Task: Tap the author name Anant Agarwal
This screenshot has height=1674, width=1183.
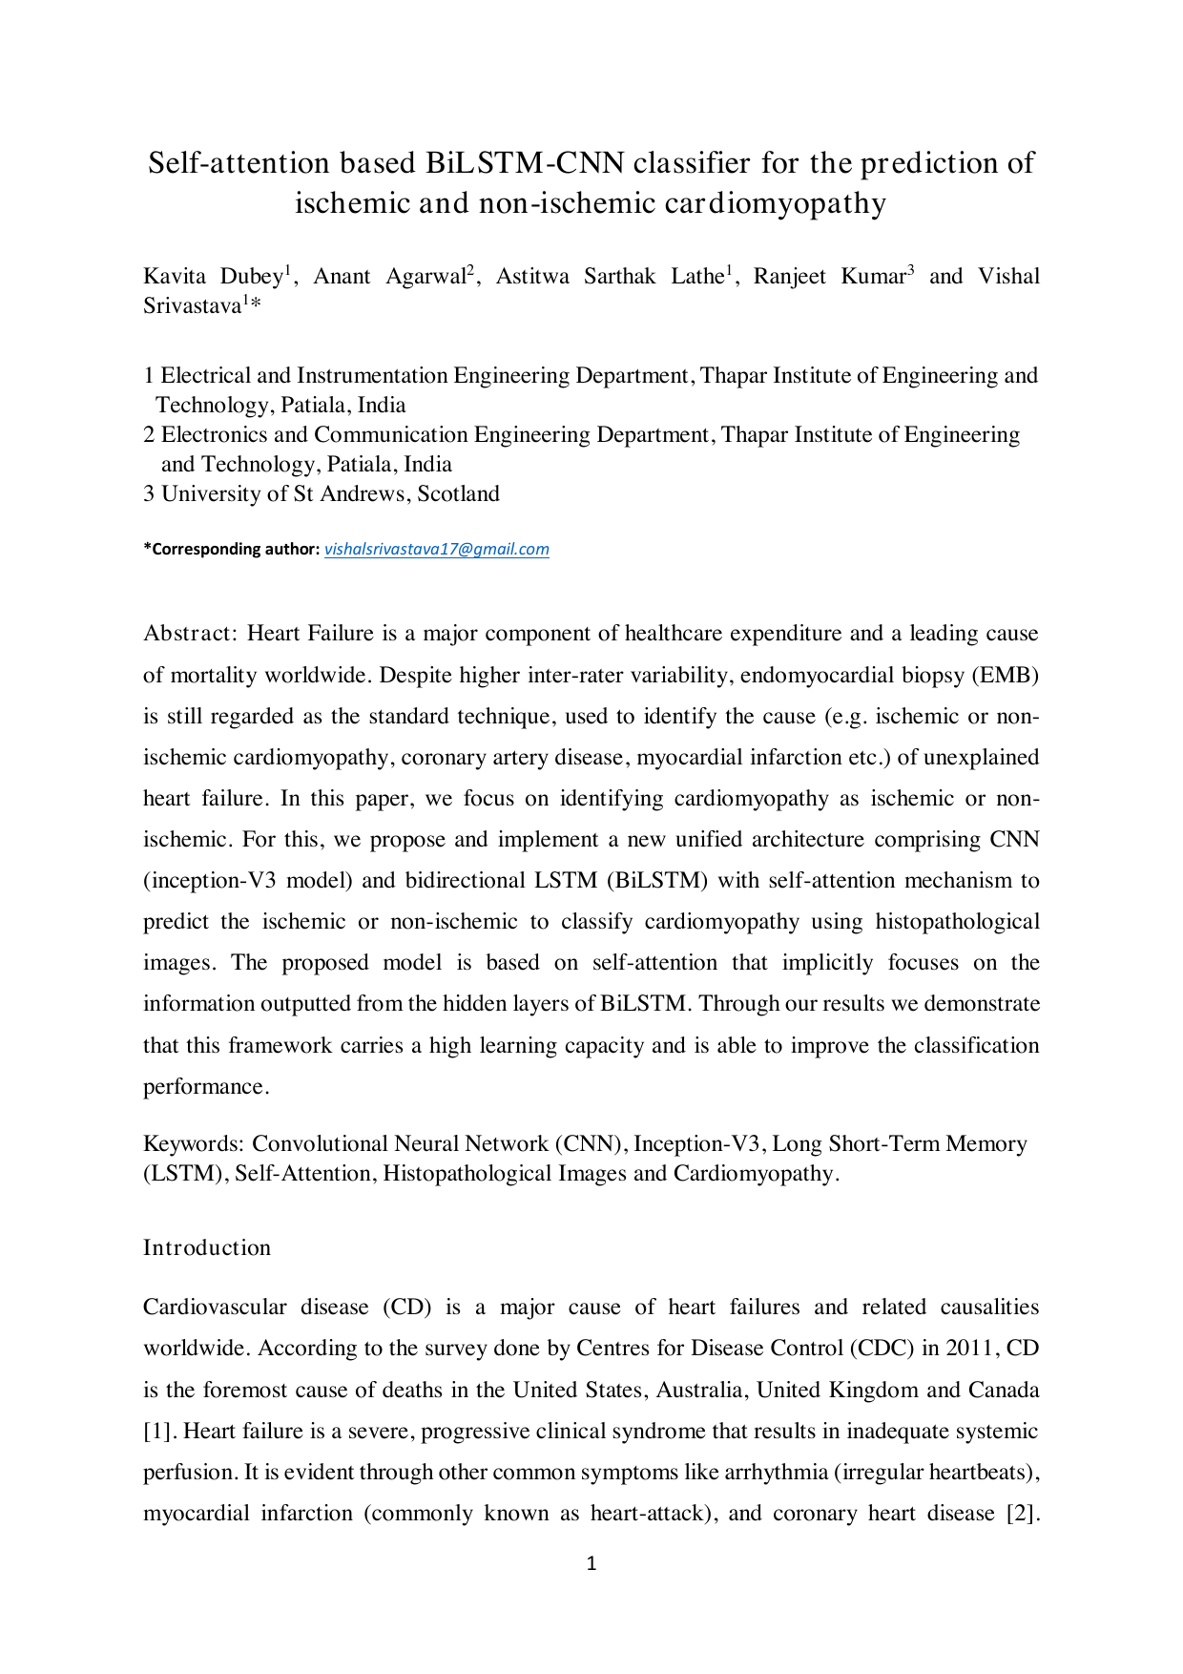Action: point(389,277)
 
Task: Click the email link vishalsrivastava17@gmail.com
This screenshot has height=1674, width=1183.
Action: point(437,549)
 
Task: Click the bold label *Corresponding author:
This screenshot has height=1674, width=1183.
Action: point(232,549)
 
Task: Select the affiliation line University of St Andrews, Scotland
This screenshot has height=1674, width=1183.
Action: point(330,493)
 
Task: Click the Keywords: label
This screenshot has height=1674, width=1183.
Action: point(195,1143)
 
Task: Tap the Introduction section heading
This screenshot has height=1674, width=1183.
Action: point(207,1247)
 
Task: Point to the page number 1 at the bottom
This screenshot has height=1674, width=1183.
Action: point(591,1563)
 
